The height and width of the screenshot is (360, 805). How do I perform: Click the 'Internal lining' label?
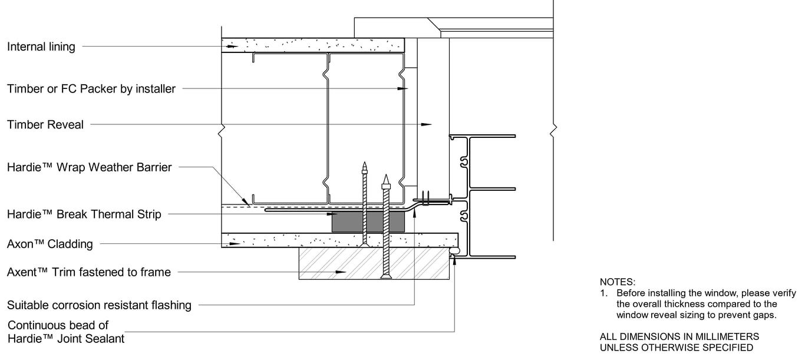[41, 47]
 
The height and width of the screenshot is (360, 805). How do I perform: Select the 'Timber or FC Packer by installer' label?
[91, 89]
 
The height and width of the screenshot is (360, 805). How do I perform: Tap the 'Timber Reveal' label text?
[45, 125]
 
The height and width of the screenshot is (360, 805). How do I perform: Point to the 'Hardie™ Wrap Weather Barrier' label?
[90, 167]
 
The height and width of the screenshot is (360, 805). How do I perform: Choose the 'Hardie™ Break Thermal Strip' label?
[84, 214]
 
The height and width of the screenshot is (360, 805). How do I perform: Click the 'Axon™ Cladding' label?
[50, 244]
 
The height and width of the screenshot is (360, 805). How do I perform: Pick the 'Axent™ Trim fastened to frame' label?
[89, 272]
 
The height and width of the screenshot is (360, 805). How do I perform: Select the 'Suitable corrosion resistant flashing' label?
[99, 305]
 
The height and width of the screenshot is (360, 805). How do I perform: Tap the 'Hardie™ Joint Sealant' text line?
[66, 339]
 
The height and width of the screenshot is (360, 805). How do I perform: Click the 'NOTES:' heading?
[618, 282]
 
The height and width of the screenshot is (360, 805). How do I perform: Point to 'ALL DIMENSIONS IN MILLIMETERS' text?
[679, 336]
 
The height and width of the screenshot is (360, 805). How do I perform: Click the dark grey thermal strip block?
[368, 222]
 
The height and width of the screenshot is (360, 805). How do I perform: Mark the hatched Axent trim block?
[374, 263]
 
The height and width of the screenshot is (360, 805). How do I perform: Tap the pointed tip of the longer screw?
[386, 175]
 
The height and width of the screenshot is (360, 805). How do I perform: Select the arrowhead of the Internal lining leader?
[233, 47]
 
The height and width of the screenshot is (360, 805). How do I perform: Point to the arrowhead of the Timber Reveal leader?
[426, 125]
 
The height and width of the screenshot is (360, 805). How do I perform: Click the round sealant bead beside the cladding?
[455, 250]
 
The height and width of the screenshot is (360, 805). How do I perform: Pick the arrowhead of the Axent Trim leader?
[341, 272]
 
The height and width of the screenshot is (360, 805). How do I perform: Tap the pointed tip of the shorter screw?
[365, 163]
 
